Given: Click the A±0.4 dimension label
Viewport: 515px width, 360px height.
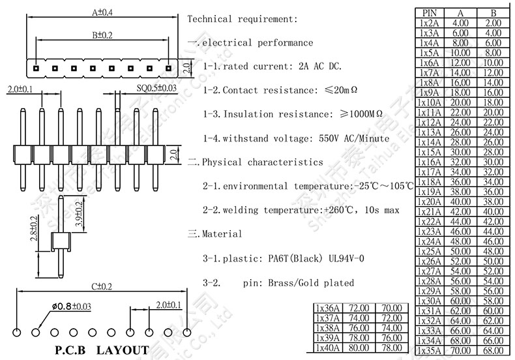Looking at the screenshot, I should click(102, 12).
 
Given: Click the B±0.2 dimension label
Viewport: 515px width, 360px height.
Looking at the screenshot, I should click(102, 35).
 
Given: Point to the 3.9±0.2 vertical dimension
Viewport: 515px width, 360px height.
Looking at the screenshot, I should click(78, 214).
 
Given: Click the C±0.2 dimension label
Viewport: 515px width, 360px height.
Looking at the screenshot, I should click(102, 286).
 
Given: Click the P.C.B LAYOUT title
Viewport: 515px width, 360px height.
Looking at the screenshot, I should click(102, 350).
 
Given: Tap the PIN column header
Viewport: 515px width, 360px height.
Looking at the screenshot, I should click(430, 12).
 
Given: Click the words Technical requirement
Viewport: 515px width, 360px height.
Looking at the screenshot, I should click(243, 19).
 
